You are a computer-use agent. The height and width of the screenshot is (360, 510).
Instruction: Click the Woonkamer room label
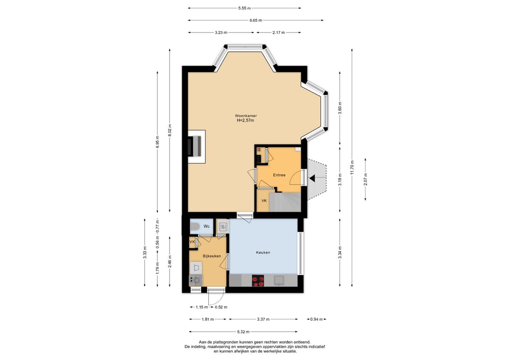coord(246,116)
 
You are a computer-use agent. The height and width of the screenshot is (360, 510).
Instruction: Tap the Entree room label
coord(279,175)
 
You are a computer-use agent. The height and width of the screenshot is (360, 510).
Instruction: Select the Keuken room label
coord(263,252)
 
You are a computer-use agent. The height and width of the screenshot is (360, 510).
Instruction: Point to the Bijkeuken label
coord(212,256)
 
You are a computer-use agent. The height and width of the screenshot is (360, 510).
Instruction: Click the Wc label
coord(206,226)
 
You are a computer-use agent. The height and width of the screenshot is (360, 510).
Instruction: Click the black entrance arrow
coord(312,178)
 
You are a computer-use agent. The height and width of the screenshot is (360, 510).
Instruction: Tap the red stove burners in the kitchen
coord(258,281)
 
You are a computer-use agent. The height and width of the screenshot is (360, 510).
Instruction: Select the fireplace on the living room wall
coord(195,146)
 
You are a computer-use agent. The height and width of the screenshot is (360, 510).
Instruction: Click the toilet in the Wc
coord(195,226)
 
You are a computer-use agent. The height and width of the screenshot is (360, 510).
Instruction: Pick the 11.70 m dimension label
coord(352,167)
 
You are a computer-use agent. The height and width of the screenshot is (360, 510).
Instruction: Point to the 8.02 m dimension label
coord(170,131)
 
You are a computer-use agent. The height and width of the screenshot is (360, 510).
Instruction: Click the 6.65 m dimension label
coord(255,20)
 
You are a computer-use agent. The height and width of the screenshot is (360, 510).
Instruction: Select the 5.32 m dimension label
coord(243,332)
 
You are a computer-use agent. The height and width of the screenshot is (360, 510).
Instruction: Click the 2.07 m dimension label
coord(365,179)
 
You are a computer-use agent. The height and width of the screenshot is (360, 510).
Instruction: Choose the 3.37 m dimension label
coord(263,319)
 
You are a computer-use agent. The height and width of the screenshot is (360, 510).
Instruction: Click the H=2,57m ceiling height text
coord(246,120)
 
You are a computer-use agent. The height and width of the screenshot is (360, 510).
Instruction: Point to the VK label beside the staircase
coord(264,201)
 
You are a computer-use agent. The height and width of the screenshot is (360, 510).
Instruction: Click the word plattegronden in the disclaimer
coord(226,342)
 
